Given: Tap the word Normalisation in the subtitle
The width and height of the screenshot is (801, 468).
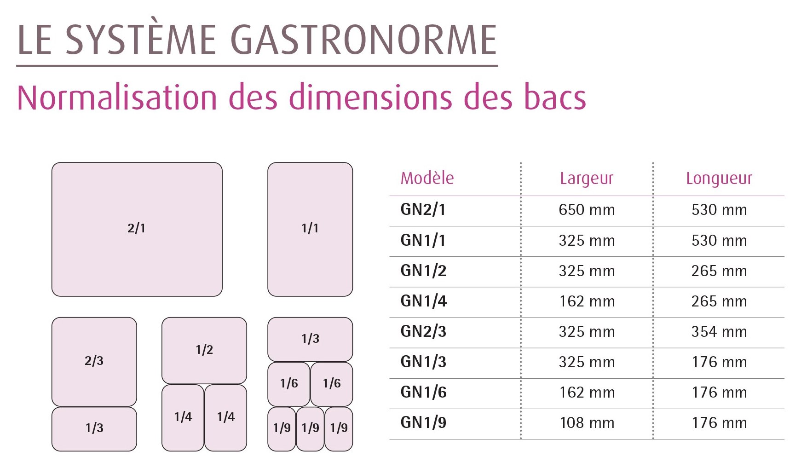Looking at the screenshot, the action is click(x=117, y=98).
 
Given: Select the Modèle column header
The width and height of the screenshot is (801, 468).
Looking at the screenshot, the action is click(x=427, y=178).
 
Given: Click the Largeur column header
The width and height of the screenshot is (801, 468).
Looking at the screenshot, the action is click(x=587, y=179).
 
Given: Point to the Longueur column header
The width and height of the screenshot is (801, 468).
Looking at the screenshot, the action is click(x=719, y=179).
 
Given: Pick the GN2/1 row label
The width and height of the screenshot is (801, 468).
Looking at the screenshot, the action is click(x=423, y=209).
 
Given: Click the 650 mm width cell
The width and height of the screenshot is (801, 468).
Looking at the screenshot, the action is click(x=587, y=210).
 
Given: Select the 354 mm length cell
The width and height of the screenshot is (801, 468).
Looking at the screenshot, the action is click(x=719, y=332).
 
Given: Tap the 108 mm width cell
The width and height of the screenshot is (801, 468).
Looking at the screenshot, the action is click(x=587, y=423).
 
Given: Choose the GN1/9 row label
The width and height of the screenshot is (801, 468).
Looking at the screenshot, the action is click(x=423, y=422).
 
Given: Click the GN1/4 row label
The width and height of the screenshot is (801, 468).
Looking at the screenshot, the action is click(x=423, y=301).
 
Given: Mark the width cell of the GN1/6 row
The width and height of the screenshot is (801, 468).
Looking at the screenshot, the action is click(x=587, y=393).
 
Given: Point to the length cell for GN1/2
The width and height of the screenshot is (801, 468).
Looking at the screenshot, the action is click(x=719, y=271).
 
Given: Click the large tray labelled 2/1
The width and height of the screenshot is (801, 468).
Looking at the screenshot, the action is click(x=137, y=229).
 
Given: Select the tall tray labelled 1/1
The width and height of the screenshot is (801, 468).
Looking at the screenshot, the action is click(x=310, y=229).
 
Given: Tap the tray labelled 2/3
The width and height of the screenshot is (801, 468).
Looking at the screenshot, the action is click(x=94, y=362).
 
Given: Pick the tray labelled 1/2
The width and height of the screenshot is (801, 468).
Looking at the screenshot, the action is click(x=204, y=350).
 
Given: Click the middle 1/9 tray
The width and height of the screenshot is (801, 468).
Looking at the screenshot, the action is click(x=310, y=429).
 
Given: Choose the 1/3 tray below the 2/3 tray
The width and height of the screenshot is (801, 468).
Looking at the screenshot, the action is click(x=94, y=429).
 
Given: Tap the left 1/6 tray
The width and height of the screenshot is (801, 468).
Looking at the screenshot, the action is click(x=288, y=384).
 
